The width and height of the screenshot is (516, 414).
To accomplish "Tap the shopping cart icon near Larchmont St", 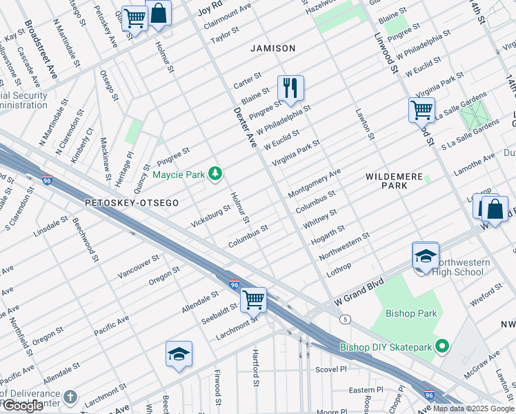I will point(253,299).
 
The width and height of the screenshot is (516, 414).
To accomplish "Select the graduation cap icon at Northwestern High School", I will point(426,256).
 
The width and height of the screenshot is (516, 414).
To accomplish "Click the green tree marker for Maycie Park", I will point(215,175).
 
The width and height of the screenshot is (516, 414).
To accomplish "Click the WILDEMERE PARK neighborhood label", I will point(393,181).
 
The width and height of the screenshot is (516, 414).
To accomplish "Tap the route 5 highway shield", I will point(344,318).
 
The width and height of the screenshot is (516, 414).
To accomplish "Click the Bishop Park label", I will point(411,313).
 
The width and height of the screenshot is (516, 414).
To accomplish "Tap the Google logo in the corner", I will point(23,406).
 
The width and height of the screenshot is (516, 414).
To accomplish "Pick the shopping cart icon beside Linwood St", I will point(421,109).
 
